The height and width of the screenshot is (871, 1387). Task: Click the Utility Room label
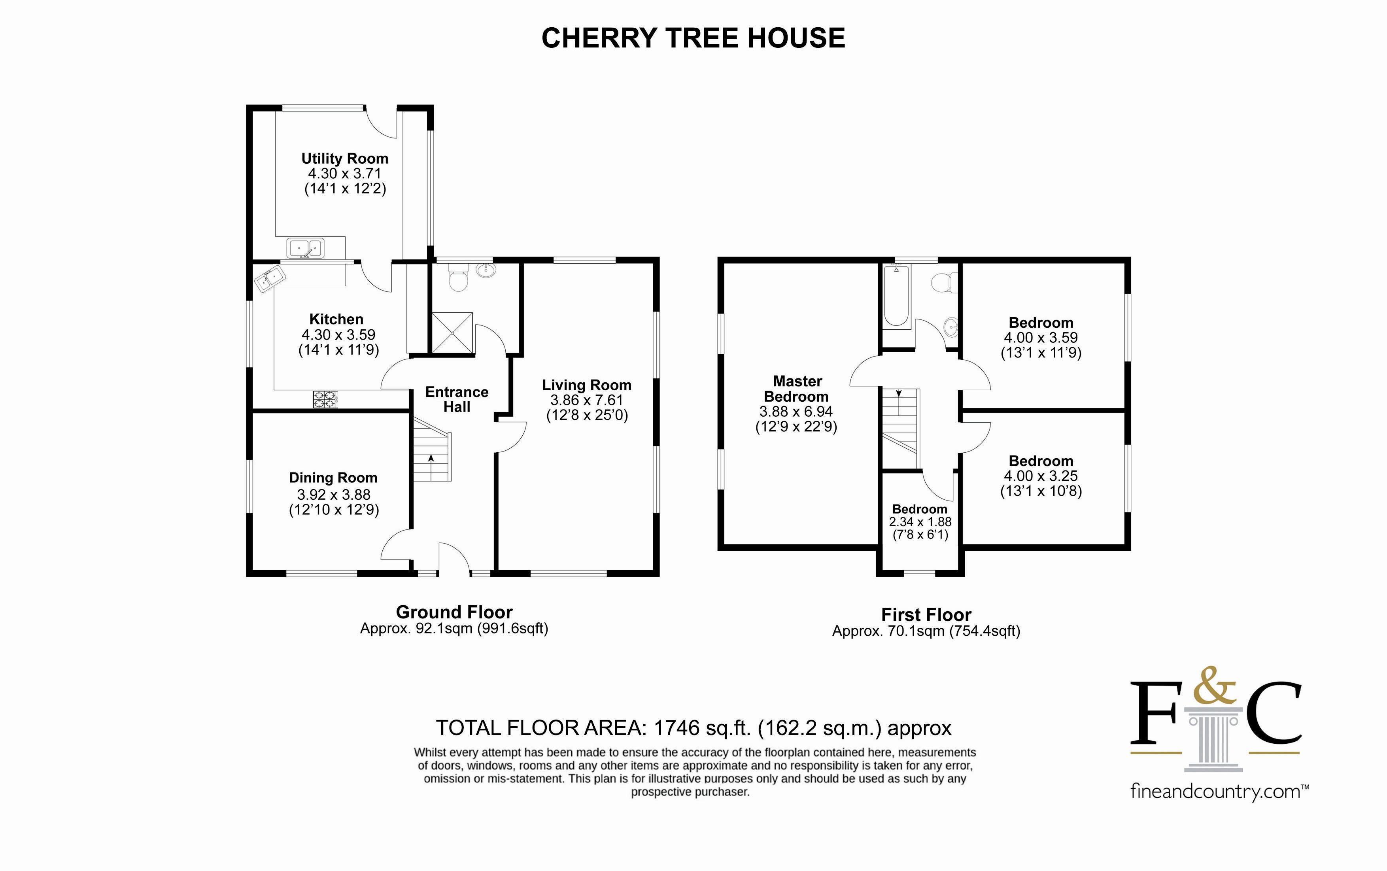[x=344, y=159]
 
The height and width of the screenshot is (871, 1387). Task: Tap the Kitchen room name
[x=336, y=319]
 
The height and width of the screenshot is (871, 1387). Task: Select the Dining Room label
[x=333, y=478]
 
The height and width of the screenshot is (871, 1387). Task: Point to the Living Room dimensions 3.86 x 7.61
[x=586, y=400]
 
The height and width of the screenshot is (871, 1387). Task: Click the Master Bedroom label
[x=797, y=389]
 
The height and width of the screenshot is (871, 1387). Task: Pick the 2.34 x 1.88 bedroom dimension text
[x=920, y=522]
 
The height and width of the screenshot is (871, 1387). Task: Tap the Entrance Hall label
[x=457, y=399]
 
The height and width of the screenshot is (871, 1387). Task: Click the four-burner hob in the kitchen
[x=325, y=400]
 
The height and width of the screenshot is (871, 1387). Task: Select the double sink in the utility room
[x=305, y=248]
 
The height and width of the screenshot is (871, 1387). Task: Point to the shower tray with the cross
[x=452, y=333]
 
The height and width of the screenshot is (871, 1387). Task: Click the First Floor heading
[x=926, y=615]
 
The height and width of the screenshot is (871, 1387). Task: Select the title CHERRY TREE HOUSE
[x=693, y=38]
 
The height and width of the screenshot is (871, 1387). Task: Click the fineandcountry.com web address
[x=1219, y=792]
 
